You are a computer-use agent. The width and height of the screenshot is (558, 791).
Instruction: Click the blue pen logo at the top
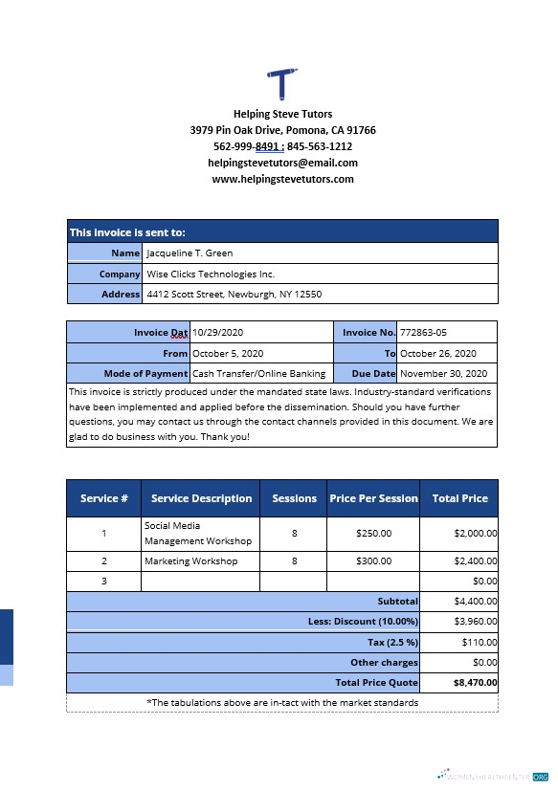[x=282, y=83]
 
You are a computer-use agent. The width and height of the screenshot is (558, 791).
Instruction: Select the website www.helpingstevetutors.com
[x=282, y=179]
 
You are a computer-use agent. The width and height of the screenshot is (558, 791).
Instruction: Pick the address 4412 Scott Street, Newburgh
[x=234, y=295]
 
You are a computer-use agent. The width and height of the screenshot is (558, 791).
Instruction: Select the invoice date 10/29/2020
[x=219, y=332]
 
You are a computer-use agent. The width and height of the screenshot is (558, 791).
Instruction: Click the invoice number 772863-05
[x=423, y=332]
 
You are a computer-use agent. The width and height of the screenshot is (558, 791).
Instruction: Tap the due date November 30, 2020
[x=443, y=373]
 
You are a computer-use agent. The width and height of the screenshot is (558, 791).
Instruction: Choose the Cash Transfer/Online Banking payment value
[x=258, y=373]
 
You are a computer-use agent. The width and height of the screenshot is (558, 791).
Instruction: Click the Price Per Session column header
[x=373, y=498]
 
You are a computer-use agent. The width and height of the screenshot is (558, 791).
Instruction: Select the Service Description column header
[x=201, y=498]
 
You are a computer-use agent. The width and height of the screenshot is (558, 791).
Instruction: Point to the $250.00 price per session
[x=373, y=533]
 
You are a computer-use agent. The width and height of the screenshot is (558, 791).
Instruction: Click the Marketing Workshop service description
[x=190, y=560]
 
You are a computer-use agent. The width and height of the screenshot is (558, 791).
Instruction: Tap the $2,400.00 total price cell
[x=475, y=560]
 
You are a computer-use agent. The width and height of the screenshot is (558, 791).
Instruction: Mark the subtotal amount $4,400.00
[x=475, y=602]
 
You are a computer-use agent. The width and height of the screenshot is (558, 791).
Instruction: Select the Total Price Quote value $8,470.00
[x=475, y=683]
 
